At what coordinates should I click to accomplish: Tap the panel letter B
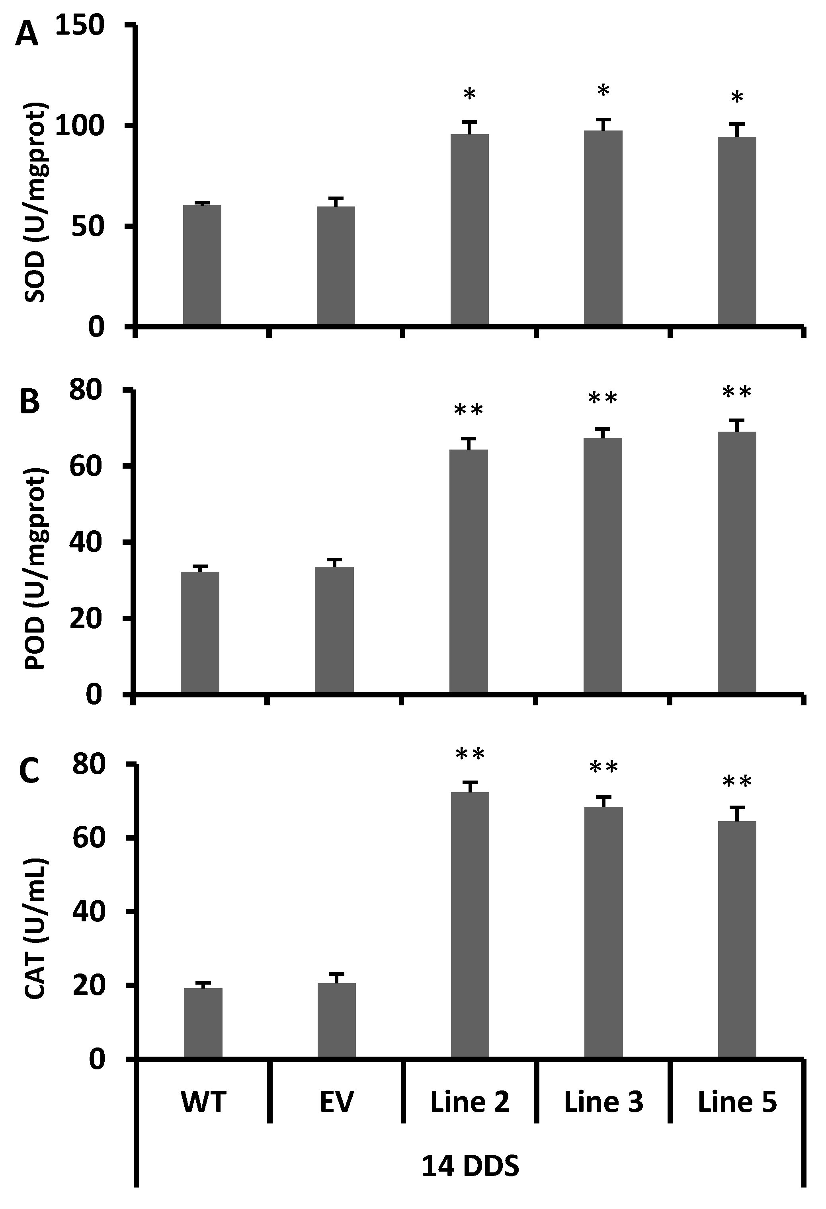pos(30,402)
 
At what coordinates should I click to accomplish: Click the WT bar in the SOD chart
pos(202,265)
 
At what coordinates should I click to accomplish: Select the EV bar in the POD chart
pos(334,629)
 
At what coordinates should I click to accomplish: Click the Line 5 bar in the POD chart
pos(736,562)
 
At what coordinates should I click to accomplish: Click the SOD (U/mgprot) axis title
pos(37,203)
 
